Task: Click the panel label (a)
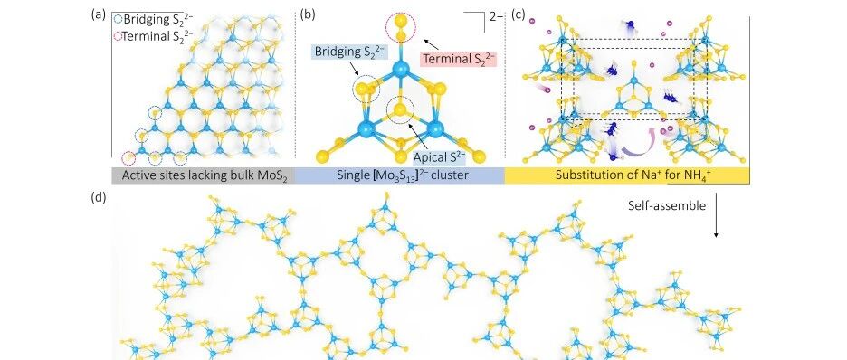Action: (x=98, y=15)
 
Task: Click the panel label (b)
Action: (x=308, y=15)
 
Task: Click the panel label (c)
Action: (x=518, y=15)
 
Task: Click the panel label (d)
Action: (x=98, y=198)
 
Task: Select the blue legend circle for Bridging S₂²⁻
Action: (x=119, y=20)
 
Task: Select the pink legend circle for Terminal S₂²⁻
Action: (x=119, y=37)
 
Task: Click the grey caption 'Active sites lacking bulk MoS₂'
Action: (x=203, y=175)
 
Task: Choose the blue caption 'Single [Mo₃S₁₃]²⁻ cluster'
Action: (x=400, y=175)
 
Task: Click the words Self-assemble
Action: (x=667, y=205)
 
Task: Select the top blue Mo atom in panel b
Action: (x=400, y=69)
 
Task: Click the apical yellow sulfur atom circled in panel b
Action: (x=400, y=110)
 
